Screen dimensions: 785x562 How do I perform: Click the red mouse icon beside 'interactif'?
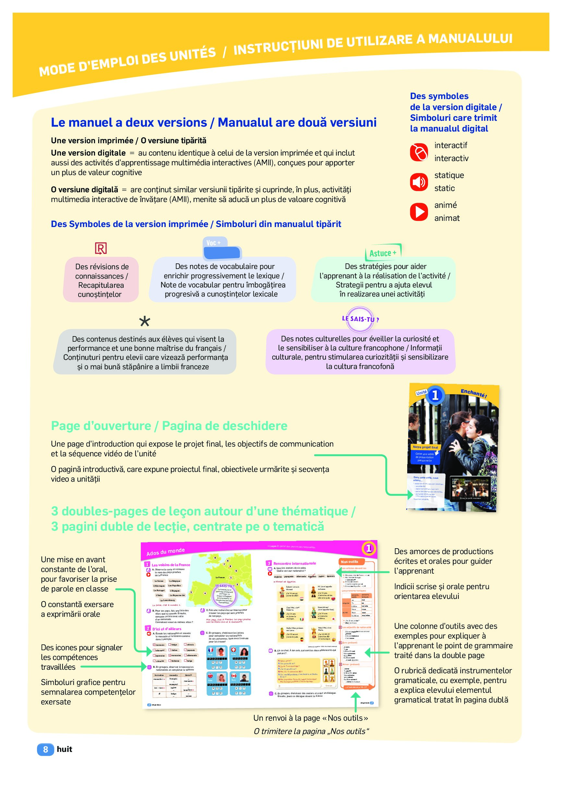pyautogui.click(x=419, y=152)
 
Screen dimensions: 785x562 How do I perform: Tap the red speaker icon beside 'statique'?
pyautogui.click(x=419, y=182)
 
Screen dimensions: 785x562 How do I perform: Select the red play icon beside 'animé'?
pyautogui.click(x=419, y=211)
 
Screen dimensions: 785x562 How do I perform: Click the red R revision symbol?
pyautogui.click(x=101, y=248)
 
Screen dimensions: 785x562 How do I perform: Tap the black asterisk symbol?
pyautogui.click(x=145, y=322)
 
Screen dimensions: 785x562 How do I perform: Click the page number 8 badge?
pyautogui.click(x=45, y=749)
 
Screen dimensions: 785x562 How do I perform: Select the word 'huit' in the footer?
pyautogui.click(x=65, y=749)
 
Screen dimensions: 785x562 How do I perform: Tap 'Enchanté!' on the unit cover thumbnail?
pyautogui.click(x=473, y=393)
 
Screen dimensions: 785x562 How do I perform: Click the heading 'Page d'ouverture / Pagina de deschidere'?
pyautogui.click(x=169, y=426)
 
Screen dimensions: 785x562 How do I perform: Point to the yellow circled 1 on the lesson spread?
pyautogui.click(x=369, y=548)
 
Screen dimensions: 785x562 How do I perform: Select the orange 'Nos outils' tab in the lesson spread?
pyautogui.click(x=350, y=562)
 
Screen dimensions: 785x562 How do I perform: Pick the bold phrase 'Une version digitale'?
pyautogui.click(x=88, y=153)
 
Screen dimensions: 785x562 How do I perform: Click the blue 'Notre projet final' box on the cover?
pyautogui.click(x=425, y=447)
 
